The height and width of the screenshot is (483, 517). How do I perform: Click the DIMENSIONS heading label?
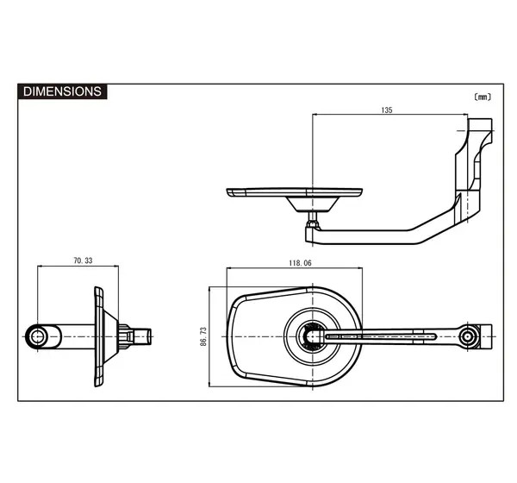point(62,91)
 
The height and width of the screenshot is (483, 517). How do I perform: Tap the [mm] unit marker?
point(483,97)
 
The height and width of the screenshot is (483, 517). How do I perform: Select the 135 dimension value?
point(387,110)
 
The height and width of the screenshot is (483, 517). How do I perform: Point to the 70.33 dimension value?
point(83,260)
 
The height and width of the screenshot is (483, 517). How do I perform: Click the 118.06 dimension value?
point(300,263)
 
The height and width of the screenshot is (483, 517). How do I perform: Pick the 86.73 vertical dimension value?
point(203,336)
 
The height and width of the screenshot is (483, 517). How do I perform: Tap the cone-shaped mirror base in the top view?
point(312,204)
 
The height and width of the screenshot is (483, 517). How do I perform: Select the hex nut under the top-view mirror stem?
point(313,224)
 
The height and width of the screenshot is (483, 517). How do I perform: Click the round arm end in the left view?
point(37,336)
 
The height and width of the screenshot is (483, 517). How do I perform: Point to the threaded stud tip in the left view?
point(145,336)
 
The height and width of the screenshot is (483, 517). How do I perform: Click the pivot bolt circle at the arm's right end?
point(467,336)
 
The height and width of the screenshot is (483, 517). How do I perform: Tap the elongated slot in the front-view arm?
point(381,336)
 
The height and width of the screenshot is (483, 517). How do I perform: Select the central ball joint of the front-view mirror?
point(312,336)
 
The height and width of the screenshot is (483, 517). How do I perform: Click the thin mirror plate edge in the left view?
point(98,336)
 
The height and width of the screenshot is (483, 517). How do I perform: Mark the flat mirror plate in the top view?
point(295,192)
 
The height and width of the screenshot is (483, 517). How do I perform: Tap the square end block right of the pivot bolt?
point(484,336)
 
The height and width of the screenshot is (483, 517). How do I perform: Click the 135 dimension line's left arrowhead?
point(315,115)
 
